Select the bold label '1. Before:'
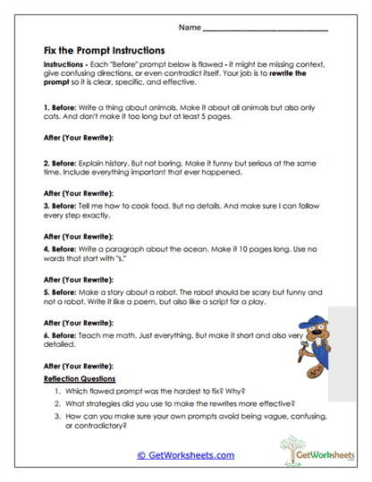(61, 106)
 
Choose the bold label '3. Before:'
(61, 205)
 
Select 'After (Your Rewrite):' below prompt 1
(78, 137)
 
